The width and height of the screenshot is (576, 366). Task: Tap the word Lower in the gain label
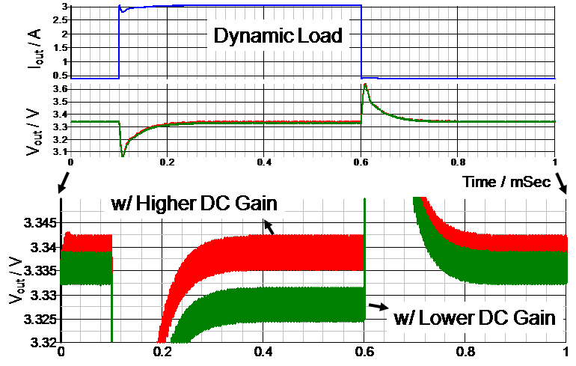coord(449,317)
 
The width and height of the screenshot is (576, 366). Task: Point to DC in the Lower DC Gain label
coord(491,317)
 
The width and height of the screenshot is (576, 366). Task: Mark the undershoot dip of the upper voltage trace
coord(122,154)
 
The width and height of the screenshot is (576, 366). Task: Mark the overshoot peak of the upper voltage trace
coord(365,85)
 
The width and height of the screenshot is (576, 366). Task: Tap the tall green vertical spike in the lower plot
coord(365,247)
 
